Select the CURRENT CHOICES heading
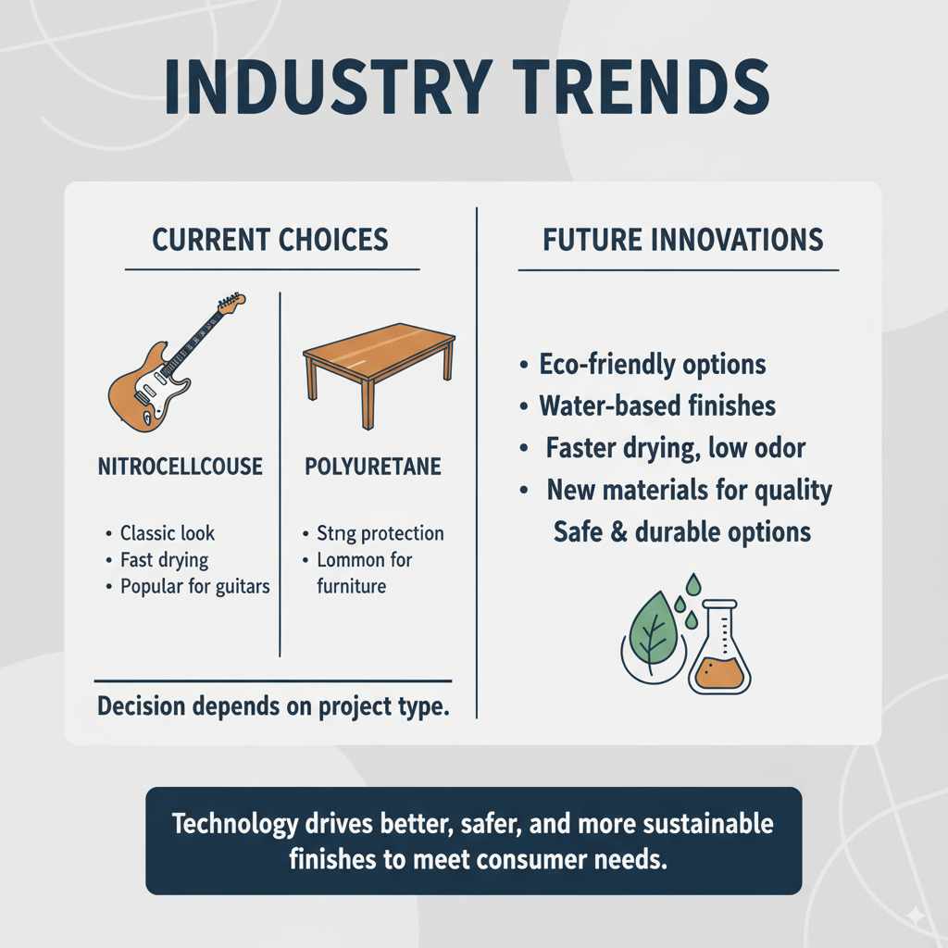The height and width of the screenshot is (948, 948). pyautogui.click(x=270, y=240)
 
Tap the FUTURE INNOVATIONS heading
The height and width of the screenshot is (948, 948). pyautogui.click(x=682, y=240)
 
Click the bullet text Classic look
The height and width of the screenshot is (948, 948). pyautogui.click(x=167, y=533)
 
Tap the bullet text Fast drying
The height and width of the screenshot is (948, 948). pyautogui.click(x=164, y=560)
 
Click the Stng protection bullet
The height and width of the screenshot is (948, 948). pyautogui.click(x=380, y=533)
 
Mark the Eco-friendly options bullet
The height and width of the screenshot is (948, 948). pyautogui.click(x=652, y=364)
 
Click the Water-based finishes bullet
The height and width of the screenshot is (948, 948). pyautogui.click(x=657, y=405)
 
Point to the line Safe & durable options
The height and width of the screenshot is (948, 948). pyautogui.click(x=682, y=531)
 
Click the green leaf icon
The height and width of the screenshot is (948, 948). pyautogui.click(x=652, y=631)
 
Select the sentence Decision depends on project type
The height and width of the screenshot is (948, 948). pyautogui.click(x=273, y=706)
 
